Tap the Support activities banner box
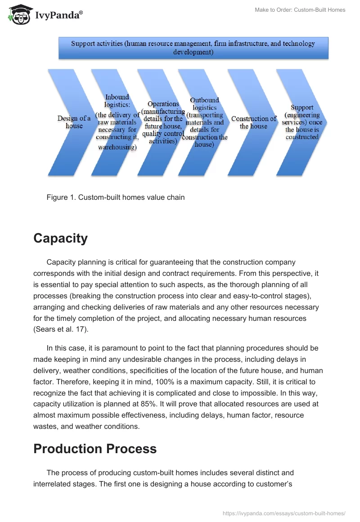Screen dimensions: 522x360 pyautogui.click(x=193, y=48)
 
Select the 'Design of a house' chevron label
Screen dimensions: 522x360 pyautogui.click(x=74, y=122)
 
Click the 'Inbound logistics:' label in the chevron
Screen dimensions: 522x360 pyautogui.click(x=117, y=100)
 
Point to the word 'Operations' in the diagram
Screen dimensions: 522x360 pyautogui.click(x=163, y=104)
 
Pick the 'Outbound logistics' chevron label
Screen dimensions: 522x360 pyautogui.click(x=204, y=104)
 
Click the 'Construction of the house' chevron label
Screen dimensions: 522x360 pyautogui.click(x=254, y=122)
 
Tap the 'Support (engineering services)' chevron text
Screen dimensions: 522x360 pyautogui.click(x=302, y=122)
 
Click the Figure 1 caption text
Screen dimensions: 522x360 pyautogui.click(x=115, y=197)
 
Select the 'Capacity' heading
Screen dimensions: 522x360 pyautogui.click(x=60, y=238)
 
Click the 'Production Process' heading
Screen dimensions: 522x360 pyautogui.click(x=95, y=449)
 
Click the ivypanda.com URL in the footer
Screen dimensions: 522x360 pyautogui.click(x=284, y=513)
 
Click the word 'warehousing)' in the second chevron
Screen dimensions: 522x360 pyautogui.click(x=117, y=147)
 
